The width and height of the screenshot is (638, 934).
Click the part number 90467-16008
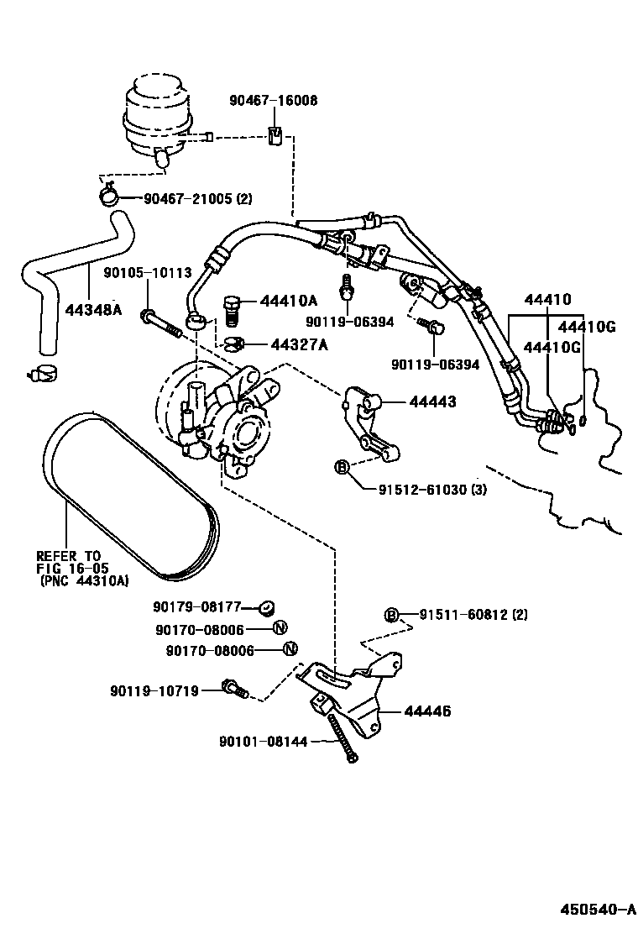pyautogui.click(x=274, y=101)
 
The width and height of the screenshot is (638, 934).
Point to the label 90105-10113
pyautogui.click(x=148, y=272)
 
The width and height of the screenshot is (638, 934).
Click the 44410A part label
pyautogui.click(x=289, y=301)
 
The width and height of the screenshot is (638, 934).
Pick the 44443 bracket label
pyautogui.click(x=432, y=402)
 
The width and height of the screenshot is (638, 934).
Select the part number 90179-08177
pyautogui.click(x=197, y=606)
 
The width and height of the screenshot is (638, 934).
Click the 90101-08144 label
pyautogui.click(x=264, y=742)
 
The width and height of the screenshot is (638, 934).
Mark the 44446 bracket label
pyautogui.click(x=427, y=711)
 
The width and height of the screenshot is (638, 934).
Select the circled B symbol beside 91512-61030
pyautogui.click(x=342, y=467)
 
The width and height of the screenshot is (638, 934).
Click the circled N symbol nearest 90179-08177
pyautogui.click(x=280, y=627)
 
